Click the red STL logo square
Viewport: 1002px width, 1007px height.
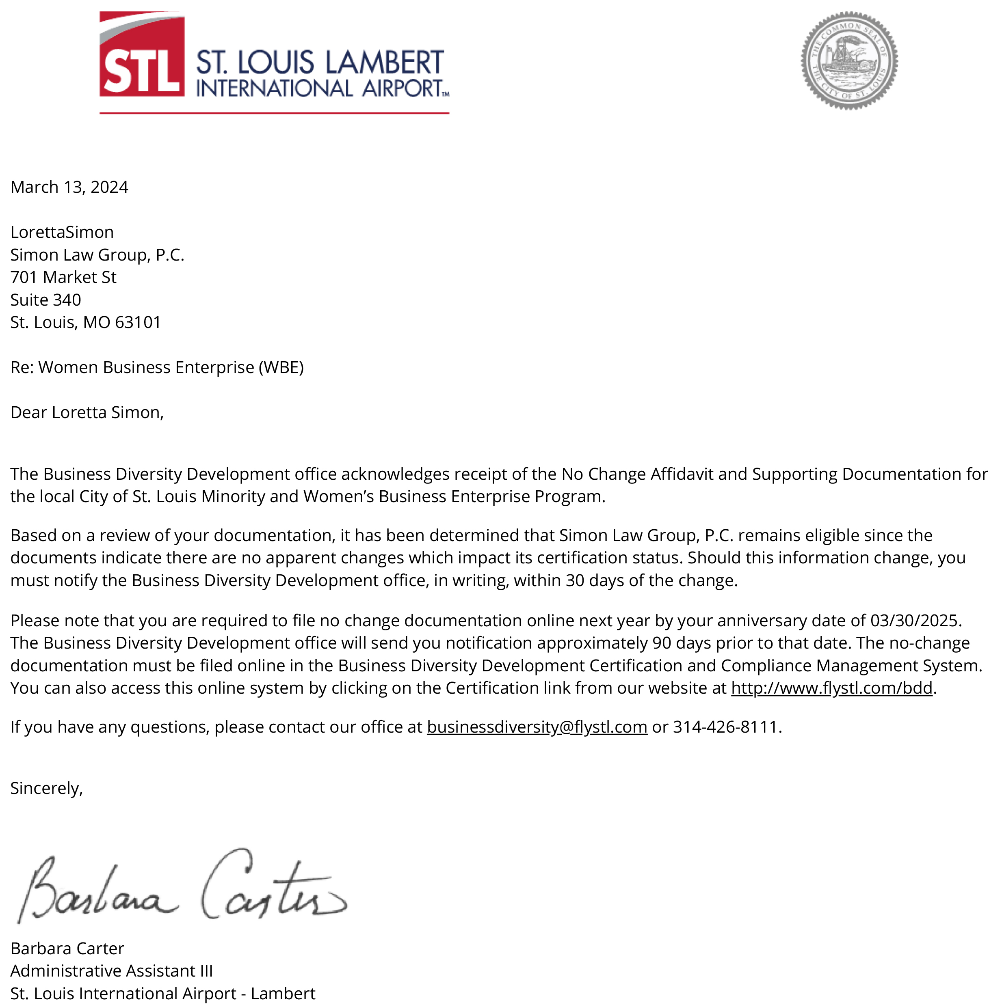point(141,54)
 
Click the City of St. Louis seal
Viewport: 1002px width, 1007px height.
point(849,60)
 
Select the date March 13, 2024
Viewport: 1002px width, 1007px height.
point(69,187)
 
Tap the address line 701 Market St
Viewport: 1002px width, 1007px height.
point(63,277)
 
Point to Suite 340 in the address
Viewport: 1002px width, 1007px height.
point(45,300)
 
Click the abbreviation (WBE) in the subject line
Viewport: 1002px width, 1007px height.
point(281,367)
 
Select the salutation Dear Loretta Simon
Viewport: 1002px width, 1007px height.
point(87,413)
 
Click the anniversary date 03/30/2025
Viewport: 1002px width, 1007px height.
point(915,621)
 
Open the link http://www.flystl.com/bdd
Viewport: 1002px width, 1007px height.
point(831,688)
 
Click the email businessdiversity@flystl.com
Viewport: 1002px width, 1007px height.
point(537,727)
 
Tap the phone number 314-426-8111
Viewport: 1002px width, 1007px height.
point(725,727)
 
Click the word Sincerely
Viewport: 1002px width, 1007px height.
point(46,789)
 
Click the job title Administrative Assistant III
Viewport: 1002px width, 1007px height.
point(112,971)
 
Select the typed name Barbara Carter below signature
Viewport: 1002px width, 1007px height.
point(67,949)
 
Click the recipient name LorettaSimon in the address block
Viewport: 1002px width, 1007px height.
point(62,233)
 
